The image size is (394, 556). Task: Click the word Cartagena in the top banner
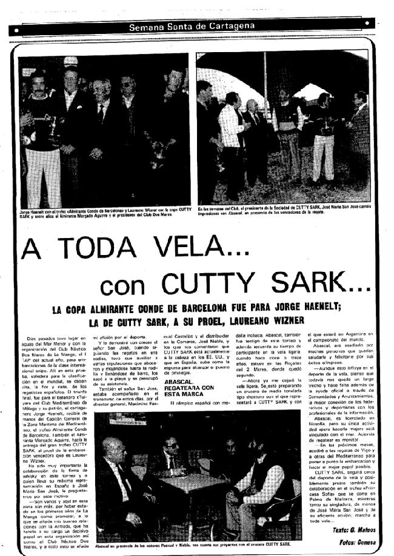[x=237, y=28]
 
